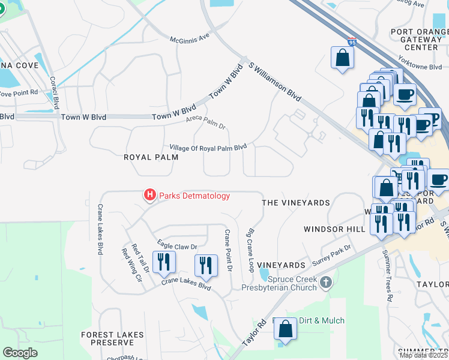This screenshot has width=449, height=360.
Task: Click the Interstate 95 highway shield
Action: click(x=351, y=42)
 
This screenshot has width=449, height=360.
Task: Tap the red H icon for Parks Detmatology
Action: click(x=149, y=195)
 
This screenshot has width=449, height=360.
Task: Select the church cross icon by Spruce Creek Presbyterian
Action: click(x=325, y=282)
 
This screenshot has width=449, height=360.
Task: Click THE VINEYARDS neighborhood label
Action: click(x=296, y=203)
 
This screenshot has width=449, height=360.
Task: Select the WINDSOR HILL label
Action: click(x=334, y=229)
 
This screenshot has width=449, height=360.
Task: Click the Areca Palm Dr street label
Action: click(x=205, y=123)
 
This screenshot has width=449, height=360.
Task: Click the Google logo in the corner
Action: click(x=20, y=353)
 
